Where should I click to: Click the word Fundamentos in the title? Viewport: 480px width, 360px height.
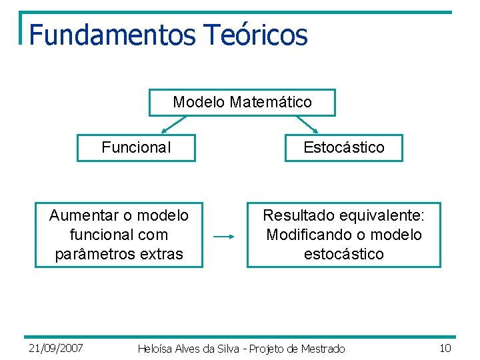coord(112,35)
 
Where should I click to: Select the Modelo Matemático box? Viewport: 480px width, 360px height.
coord(242,103)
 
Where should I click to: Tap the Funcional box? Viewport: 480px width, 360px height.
coord(136,147)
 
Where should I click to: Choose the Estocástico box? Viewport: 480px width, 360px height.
coord(344,147)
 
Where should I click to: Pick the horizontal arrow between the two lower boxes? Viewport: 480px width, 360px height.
coord(224,236)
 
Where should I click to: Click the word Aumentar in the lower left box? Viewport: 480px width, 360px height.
coord(83,215)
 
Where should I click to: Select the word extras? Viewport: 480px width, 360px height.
coord(161,254)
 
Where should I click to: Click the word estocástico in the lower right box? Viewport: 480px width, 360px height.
coord(344,254)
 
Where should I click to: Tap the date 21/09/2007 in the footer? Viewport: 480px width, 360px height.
coord(56,348)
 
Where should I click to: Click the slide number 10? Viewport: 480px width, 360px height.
coord(446,348)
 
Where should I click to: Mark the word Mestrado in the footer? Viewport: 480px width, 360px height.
coord(323,349)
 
